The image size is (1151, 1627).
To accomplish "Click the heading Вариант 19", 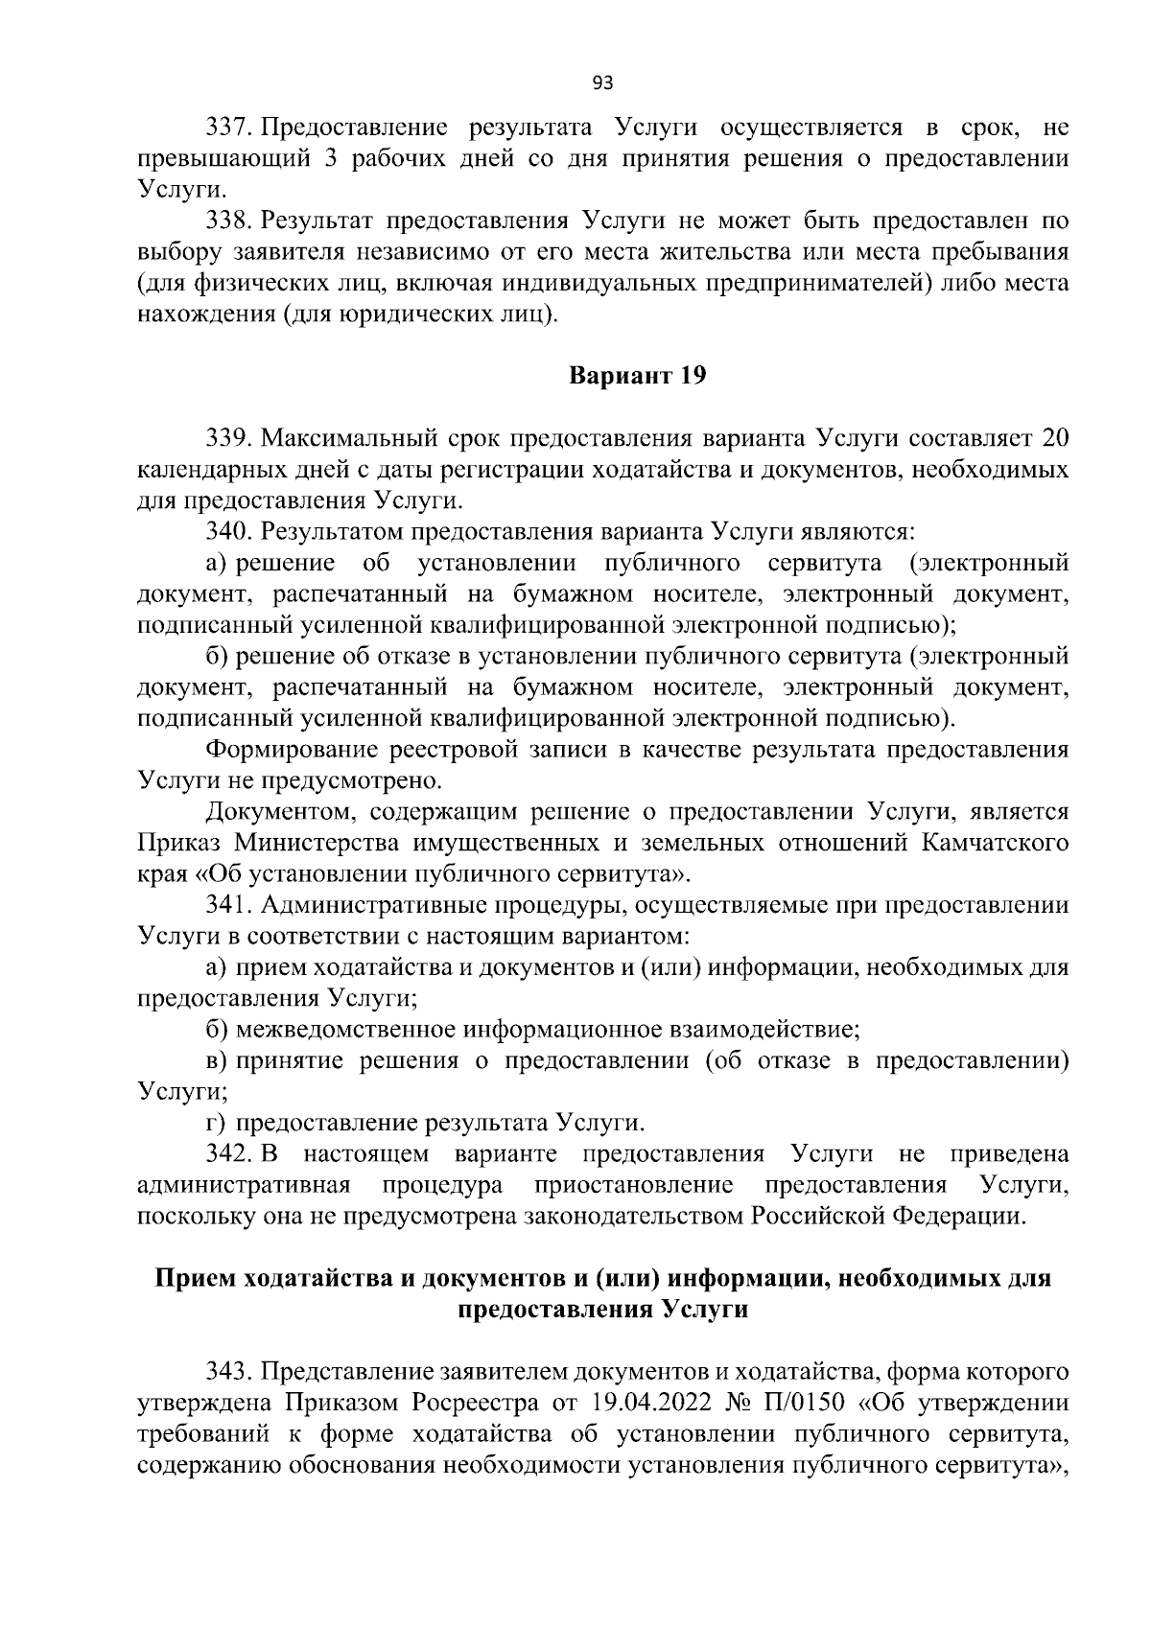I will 638,376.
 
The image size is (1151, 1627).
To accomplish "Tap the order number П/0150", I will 805,1403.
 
